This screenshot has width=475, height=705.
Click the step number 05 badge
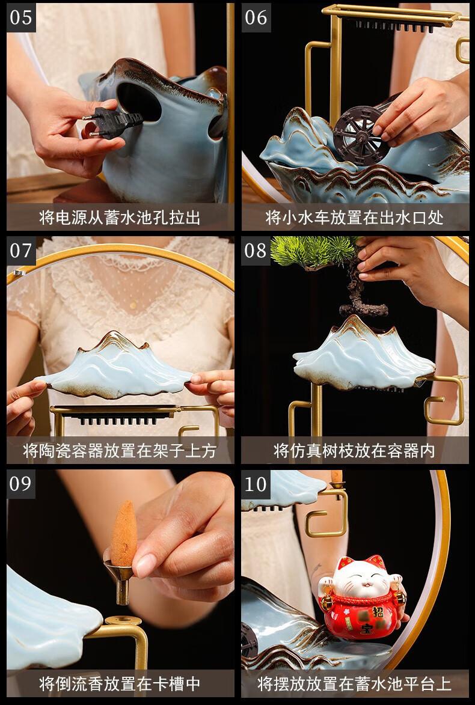coord(21,17)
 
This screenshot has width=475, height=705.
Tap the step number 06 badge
coord(256,17)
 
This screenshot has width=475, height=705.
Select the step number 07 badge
coord(21,250)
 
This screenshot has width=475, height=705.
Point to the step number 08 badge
coord(256,250)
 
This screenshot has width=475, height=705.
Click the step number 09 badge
coord(21,484)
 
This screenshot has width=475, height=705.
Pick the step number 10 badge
coord(256,484)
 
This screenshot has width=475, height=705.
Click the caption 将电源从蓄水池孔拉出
coord(120,217)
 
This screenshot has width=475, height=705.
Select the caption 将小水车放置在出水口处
coord(355,217)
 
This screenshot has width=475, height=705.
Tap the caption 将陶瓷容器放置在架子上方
coord(120,450)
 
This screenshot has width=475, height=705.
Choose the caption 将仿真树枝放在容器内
coord(355,450)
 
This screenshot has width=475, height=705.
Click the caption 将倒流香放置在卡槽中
coord(120,683)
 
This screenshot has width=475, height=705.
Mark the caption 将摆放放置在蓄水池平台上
coord(355,683)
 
